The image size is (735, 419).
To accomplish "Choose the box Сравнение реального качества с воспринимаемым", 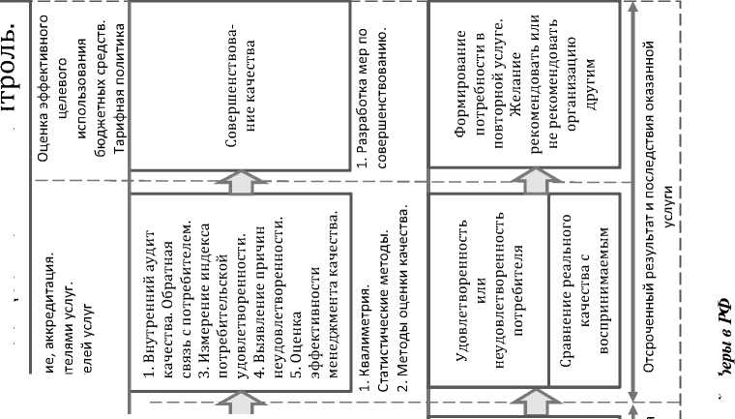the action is click(584, 290).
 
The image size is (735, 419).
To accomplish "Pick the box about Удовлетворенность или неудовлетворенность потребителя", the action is click(487, 290).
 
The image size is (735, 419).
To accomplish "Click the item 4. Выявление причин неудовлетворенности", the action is click(270, 290).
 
